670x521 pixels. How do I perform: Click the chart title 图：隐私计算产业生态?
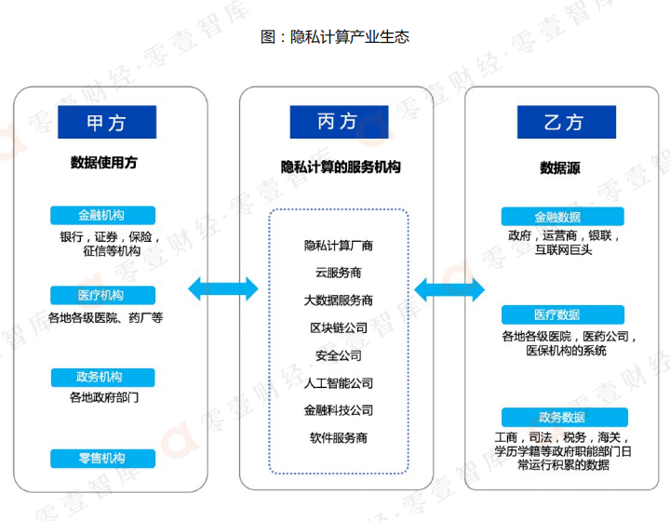click(336, 37)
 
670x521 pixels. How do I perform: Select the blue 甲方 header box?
click(107, 122)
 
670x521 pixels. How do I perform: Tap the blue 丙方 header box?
click(337, 122)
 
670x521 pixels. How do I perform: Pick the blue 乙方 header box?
click(564, 122)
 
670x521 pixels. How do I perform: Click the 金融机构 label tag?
click(101, 215)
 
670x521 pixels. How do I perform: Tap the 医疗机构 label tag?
click(101, 295)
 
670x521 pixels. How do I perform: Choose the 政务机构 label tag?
click(101, 377)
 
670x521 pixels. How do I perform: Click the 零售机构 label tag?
click(101, 458)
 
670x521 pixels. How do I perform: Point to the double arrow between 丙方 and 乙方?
click(449, 289)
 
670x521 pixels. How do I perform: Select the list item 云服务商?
click(338, 274)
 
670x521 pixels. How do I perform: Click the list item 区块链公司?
click(338, 328)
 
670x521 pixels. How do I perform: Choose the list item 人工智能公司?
click(338, 382)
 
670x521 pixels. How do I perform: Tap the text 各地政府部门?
click(104, 397)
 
